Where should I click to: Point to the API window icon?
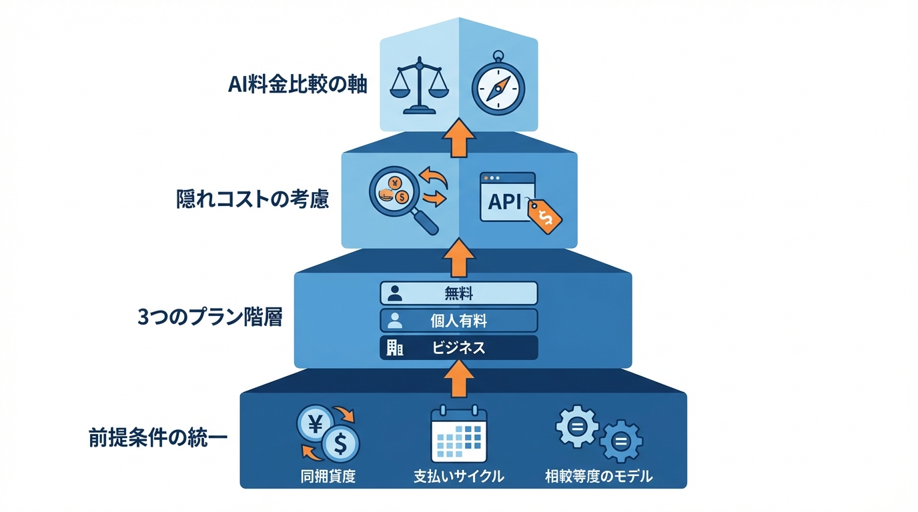point(508,197)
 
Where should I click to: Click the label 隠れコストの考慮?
point(253,199)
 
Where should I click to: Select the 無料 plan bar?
point(458,293)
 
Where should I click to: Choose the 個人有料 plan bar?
point(458,320)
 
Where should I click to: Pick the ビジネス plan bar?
point(458,347)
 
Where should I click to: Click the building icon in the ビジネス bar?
point(394,347)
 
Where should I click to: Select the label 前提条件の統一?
point(158,438)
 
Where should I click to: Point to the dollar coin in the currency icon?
point(340,443)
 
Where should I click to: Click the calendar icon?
point(458,435)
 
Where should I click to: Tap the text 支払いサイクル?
point(458,477)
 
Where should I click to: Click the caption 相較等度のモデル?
point(598,477)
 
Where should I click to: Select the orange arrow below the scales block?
point(458,139)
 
